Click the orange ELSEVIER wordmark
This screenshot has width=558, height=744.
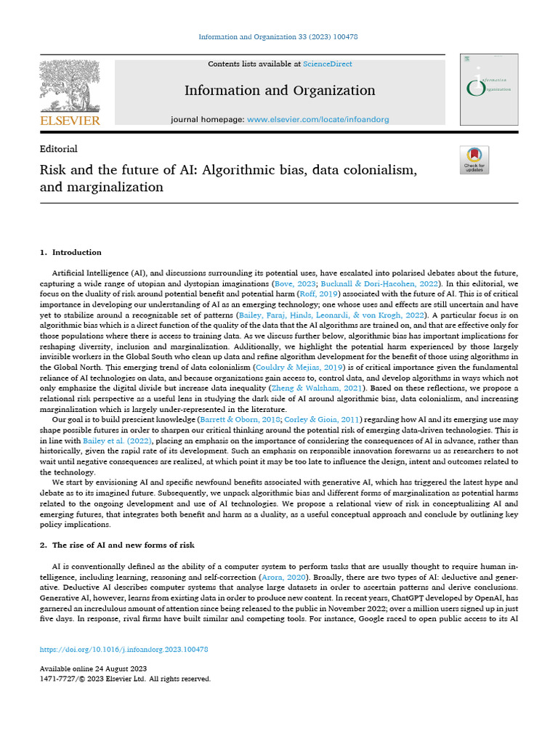pos(70,121)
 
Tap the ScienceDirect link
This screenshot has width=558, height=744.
pos(328,64)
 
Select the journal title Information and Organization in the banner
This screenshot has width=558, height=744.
pos(280,91)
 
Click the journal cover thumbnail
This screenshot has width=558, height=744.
pos(488,89)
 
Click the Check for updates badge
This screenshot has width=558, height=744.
pos(474,160)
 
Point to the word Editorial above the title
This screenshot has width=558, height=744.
pos(59,149)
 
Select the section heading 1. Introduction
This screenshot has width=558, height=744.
pos(70,253)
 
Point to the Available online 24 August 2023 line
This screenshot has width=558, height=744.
pos(93,668)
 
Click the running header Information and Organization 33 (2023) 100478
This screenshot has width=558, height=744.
pos(278,37)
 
